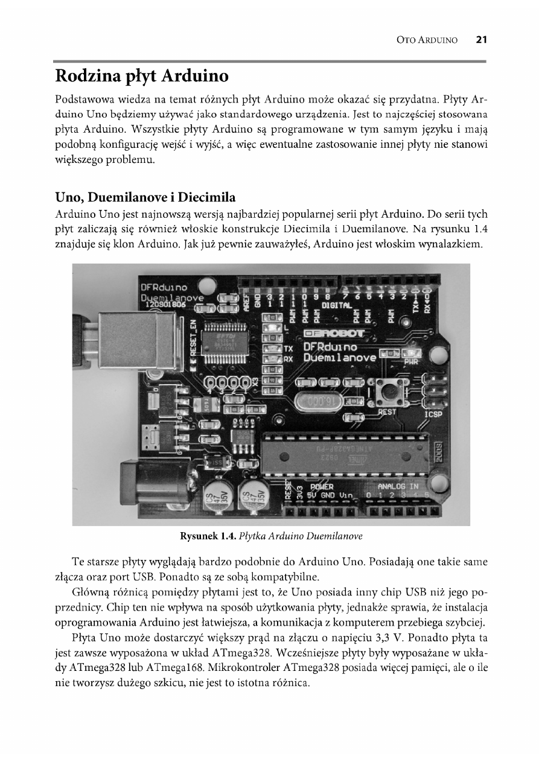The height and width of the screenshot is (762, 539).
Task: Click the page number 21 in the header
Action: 481,40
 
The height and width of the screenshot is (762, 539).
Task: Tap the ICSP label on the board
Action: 433,414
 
